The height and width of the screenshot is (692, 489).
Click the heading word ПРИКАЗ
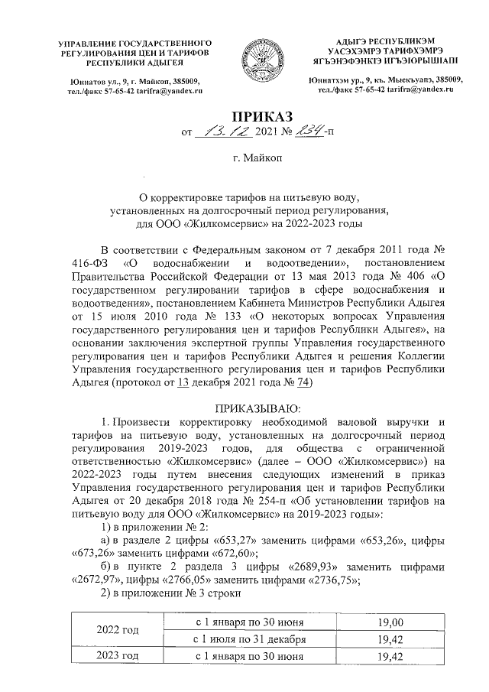[244, 117]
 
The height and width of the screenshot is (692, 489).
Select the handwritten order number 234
[283, 135]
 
